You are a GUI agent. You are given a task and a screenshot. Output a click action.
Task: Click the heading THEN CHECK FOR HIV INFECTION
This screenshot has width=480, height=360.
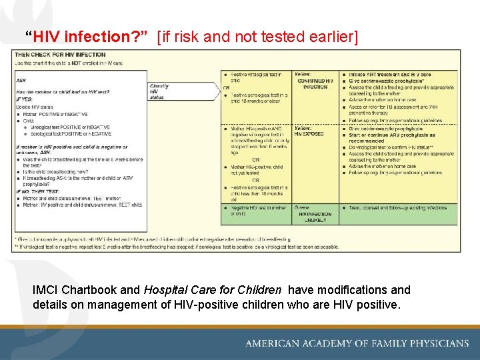[60, 55]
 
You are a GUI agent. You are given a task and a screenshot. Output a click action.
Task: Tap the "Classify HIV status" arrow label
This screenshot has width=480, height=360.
[159, 92]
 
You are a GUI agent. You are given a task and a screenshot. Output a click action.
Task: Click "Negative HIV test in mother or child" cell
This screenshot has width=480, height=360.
[257, 211]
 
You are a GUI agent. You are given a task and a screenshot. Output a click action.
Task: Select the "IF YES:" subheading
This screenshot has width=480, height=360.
[23, 99]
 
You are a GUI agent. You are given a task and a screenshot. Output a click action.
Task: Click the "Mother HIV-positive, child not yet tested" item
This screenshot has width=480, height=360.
[257, 170]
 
